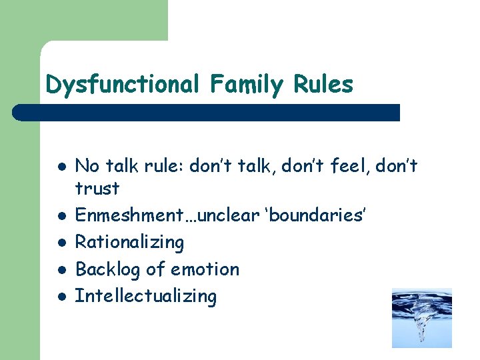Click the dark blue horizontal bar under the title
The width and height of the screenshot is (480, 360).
[207, 113]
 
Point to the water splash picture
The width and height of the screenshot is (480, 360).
[421, 318]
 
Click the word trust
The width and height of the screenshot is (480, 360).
[97, 189]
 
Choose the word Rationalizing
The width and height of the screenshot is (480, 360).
[129, 243]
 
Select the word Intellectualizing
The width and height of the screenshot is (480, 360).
[145, 296]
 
